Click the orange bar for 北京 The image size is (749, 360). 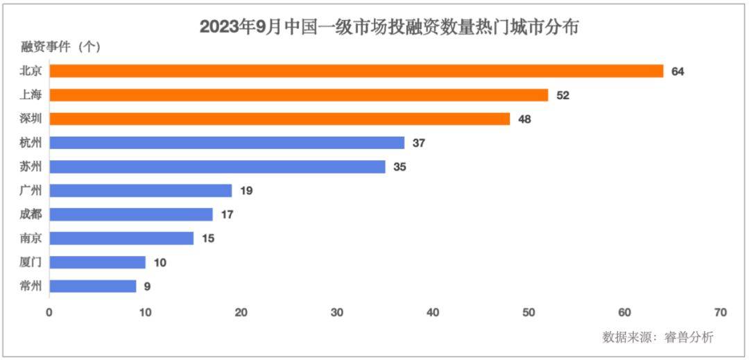point(356,71)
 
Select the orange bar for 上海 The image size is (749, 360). point(299,95)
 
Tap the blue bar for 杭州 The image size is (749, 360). point(227,143)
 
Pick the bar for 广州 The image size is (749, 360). point(141,190)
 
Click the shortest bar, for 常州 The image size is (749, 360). point(93,286)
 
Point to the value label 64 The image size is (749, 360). point(678,71)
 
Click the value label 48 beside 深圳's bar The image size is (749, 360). point(524,119)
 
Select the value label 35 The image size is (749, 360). point(399,167)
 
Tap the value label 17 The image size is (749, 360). point(227,215)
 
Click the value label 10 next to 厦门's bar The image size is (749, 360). point(160,263)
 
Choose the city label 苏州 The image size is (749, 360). point(31,166)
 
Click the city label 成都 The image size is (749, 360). point(31,214)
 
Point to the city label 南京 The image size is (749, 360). point(31,238)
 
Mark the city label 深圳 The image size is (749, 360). point(31,119)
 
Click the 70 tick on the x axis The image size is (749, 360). point(720,313)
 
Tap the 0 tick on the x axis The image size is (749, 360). point(49,313)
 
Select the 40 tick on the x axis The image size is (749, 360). point(433,313)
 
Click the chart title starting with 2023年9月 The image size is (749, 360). point(389,27)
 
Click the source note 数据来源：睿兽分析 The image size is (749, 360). point(657,337)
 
